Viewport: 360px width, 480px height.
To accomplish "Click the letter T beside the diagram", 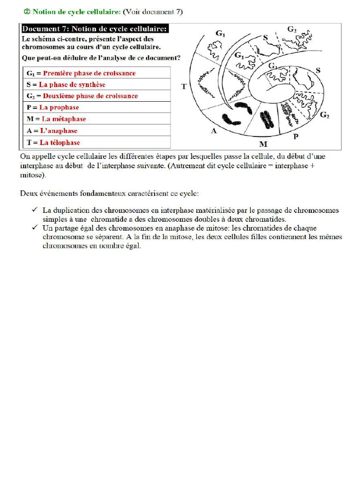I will pyautogui.click(x=184, y=86).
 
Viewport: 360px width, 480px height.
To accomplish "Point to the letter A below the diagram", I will pyautogui.click(x=214, y=131).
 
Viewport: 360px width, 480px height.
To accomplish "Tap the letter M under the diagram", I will pyautogui.click(x=263, y=143).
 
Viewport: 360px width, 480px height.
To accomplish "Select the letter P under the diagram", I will pyautogui.click(x=296, y=136).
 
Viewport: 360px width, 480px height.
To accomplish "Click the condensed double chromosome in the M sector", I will pyautogui.click(x=266, y=119).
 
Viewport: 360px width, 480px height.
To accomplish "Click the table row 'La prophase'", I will pyautogui.click(x=97, y=107).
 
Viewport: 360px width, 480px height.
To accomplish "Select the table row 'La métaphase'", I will pyautogui.click(x=97, y=119).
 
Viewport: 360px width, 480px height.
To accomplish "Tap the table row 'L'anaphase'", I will pyautogui.click(x=97, y=131).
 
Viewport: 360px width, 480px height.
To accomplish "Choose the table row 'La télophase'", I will pyautogui.click(x=97, y=142).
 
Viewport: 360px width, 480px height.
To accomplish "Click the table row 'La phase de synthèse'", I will pyautogui.click(x=97, y=84).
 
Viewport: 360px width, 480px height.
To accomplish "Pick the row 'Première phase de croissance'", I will pyautogui.click(x=97, y=73).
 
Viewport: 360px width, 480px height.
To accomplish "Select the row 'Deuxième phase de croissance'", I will pyautogui.click(x=97, y=96).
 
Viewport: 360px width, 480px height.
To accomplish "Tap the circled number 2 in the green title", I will pyautogui.click(x=27, y=12).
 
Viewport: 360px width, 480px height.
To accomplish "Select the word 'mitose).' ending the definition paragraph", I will pyautogui.click(x=33, y=176).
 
